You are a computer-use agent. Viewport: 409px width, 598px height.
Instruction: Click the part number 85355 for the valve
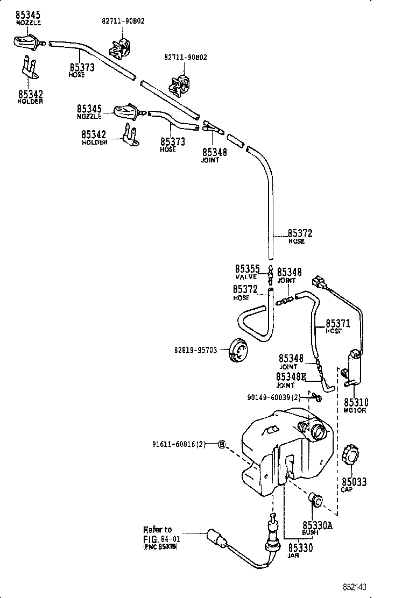tap(247, 268)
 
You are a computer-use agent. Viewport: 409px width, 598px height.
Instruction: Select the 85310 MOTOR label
tap(356, 405)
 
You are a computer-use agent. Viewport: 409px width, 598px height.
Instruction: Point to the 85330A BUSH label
tap(317, 528)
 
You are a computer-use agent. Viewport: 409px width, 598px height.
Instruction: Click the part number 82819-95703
tap(195, 350)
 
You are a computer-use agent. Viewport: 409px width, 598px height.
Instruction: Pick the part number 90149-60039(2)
tap(273, 397)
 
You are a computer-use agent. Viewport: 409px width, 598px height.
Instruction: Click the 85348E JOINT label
tap(291, 380)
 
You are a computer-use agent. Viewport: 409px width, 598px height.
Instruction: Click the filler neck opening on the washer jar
tap(318, 431)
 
